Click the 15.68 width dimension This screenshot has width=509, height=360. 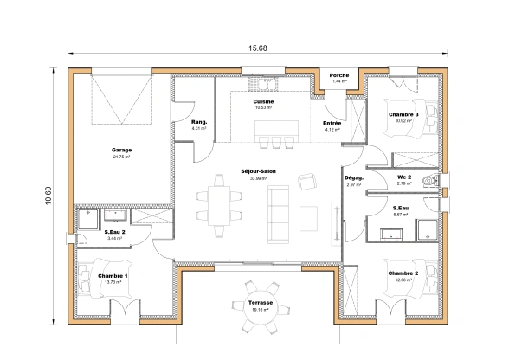click(258, 48)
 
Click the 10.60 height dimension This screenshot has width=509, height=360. click(48, 196)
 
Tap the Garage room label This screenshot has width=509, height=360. click(121, 150)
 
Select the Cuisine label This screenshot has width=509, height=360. click(263, 101)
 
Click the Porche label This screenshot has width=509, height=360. click(340, 75)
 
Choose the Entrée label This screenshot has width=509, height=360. click(332, 123)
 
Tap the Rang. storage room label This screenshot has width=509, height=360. click(198, 122)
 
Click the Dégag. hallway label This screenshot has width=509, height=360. click(353, 177)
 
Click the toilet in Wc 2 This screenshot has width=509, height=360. click(429, 180)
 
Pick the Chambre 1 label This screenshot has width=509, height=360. click(113, 276)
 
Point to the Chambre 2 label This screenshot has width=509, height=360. click(403, 273)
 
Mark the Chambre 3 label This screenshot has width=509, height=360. click(403, 114)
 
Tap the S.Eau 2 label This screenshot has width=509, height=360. click(115, 231)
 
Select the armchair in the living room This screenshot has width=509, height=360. click(307, 181)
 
